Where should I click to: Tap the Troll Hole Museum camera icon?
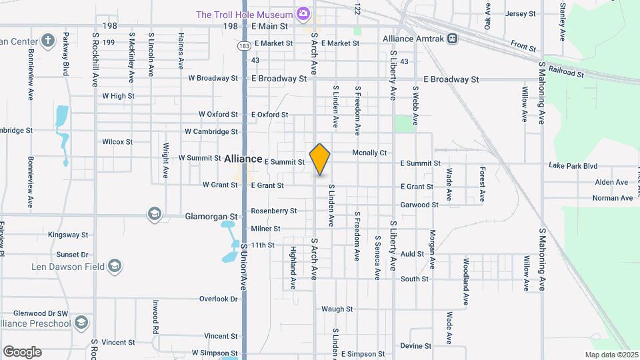click(x=303, y=13)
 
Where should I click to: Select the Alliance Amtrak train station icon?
click(x=453, y=39)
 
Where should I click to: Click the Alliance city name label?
click(x=243, y=159)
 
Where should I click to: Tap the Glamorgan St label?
click(x=211, y=217)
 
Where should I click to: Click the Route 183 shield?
click(x=243, y=45)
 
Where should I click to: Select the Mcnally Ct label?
click(x=369, y=153)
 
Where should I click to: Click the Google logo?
click(x=22, y=352)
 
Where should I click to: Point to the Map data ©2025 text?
click(x=611, y=355)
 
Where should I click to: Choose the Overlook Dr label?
click(x=219, y=299)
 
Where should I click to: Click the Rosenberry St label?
click(x=273, y=211)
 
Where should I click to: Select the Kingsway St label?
click(x=68, y=235)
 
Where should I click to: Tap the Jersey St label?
click(x=521, y=13)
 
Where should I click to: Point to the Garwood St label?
click(x=419, y=205)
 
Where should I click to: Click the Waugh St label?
click(x=337, y=309)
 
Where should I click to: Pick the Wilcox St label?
click(x=117, y=142)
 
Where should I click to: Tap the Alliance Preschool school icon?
click(x=81, y=323)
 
